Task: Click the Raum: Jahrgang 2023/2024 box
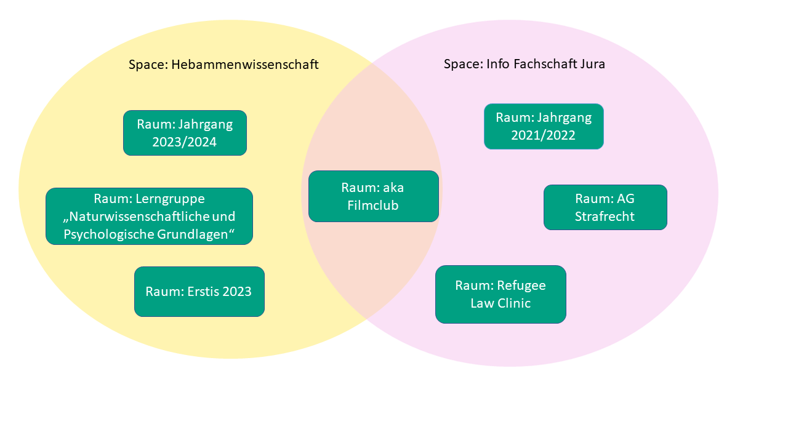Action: point(185,133)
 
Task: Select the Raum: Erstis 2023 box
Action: point(199,292)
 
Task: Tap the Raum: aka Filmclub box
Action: point(373,196)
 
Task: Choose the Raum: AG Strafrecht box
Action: point(605,207)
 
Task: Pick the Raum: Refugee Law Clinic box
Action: point(501,294)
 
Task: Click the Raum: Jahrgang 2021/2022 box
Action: point(544,126)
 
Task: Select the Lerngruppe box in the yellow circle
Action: point(149,216)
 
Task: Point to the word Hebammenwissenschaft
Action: point(245,65)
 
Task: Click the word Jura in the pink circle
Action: point(592,64)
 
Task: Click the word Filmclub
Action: point(373,206)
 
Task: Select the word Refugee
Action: point(521,285)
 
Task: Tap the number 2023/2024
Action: point(185,143)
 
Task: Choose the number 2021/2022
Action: point(544,135)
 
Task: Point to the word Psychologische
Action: point(104,234)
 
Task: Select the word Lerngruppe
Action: point(171,199)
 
